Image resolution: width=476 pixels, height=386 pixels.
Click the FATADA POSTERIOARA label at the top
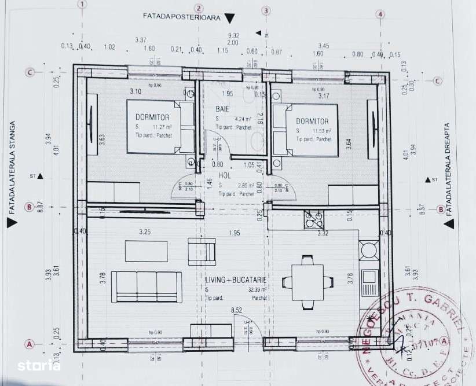pos(181,17)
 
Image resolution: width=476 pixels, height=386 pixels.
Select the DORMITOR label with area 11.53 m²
pos(312,122)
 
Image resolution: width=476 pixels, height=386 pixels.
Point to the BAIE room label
pos(224,107)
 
